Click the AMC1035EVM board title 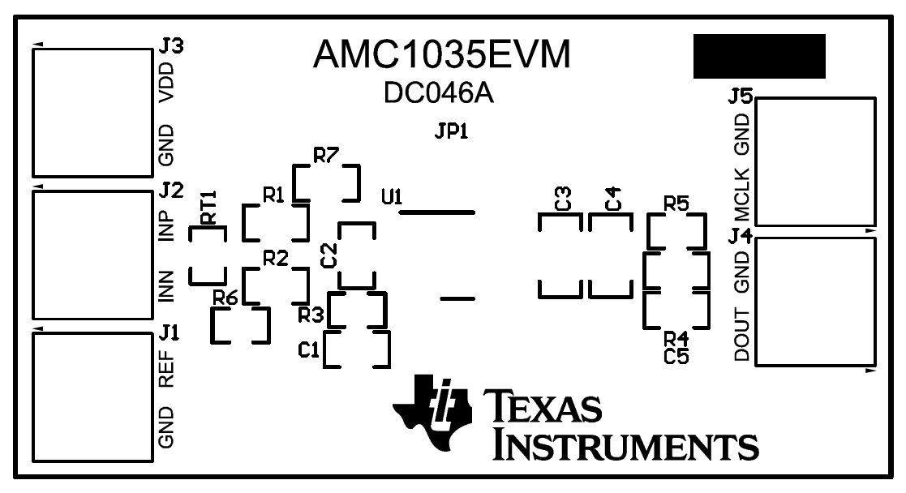[442, 56]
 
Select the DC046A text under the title [439, 94]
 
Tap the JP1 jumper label [452, 132]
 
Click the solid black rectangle [759, 56]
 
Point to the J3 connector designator [170, 46]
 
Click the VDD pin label [168, 84]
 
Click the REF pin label [168, 370]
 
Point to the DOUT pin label [743, 335]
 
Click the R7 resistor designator [324, 155]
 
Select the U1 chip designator [392, 196]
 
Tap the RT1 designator [208, 207]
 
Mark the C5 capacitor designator [676, 356]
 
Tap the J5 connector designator [740, 98]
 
